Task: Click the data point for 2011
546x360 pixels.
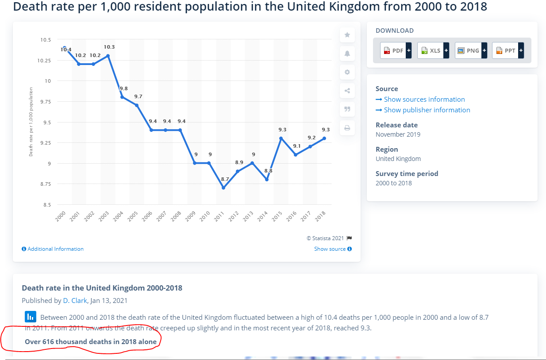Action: pyautogui.click(x=223, y=188)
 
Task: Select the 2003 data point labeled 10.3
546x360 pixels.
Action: pyautogui.click(x=108, y=56)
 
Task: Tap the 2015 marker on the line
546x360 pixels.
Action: pyautogui.click(x=281, y=138)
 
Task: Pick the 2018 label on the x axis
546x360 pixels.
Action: pyautogui.click(x=321, y=216)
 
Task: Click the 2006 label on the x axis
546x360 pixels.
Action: pyautogui.click(x=147, y=216)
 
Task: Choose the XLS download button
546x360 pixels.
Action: pyautogui.click(x=433, y=50)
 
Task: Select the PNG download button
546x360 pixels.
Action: pyautogui.click(x=471, y=50)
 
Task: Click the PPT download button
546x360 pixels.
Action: pyautogui.click(x=508, y=50)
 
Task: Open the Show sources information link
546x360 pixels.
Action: pyautogui.click(x=424, y=100)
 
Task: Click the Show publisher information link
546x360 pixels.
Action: pyautogui.click(x=427, y=110)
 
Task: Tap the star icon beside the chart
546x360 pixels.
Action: pyautogui.click(x=347, y=35)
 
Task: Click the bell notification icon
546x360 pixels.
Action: pyautogui.click(x=347, y=54)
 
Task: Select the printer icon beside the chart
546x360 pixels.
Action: pyautogui.click(x=347, y=128)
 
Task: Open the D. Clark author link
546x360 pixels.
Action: pyautogui.click(x=75, y=301)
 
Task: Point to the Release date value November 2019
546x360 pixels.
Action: pyautogui.click(x=398, y=134)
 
